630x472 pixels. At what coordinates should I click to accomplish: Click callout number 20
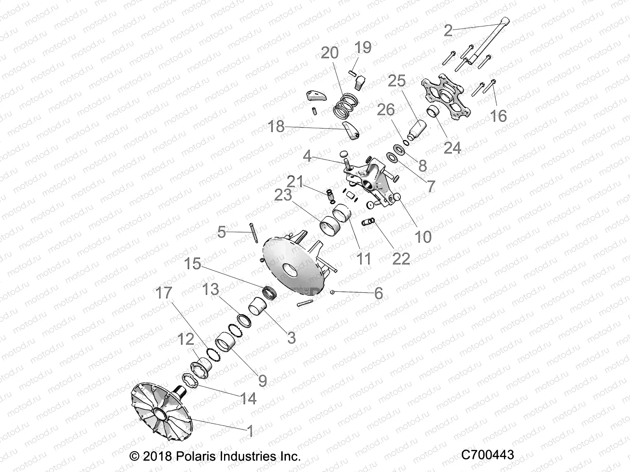tap(330, 52)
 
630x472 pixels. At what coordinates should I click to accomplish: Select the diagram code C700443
tap(487, 455)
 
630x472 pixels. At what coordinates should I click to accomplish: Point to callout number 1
tap(250, 431)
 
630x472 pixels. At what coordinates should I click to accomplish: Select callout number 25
tap(397, 81)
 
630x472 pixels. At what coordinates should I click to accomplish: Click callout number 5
tap(221, 232)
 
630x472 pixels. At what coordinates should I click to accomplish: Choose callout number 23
tap(283, 195)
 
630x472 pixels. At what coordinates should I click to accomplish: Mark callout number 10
tap(423, 237)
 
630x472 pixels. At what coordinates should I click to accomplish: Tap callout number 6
tap(378, 293)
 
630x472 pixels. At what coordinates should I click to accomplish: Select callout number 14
tap(248, 398)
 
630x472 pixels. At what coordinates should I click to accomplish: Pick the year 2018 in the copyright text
tap(157, 456)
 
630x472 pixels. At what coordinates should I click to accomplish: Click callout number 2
tap(448, 30)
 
